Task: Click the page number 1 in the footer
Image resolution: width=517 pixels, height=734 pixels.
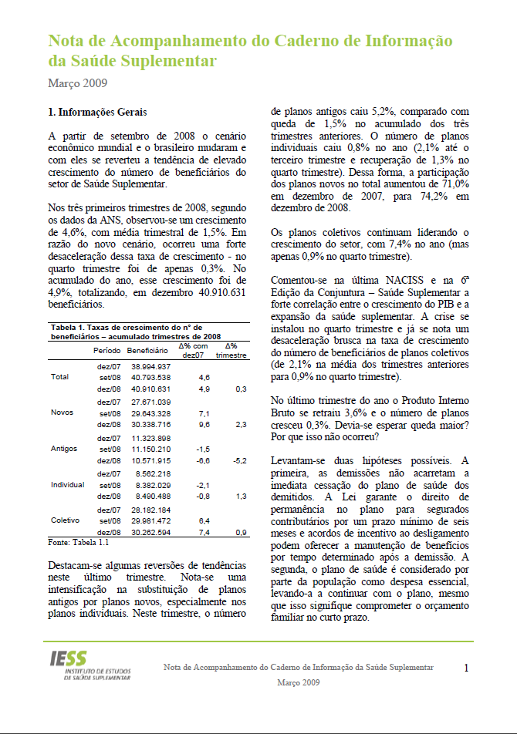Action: click(466, 668)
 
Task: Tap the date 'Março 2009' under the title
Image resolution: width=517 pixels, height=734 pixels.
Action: click(77, 82)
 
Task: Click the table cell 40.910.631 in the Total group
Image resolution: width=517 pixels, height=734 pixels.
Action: click(151, 389)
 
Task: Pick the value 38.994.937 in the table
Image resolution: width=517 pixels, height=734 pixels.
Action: click(151, 365)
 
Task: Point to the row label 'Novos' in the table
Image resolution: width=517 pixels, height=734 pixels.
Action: click(62, 412)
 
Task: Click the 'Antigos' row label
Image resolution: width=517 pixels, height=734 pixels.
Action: click(64, 448)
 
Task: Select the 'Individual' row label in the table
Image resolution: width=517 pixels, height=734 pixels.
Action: click(67, 484)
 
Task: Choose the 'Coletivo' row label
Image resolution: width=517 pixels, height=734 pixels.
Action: click(65, 520)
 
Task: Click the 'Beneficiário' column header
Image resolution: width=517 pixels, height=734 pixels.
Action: click(147, 351)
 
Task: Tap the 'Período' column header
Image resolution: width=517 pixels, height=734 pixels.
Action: click(107, 351)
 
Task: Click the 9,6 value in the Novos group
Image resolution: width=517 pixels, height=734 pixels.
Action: click(204, 425)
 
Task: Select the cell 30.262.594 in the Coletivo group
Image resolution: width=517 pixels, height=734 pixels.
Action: click(151, 532)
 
